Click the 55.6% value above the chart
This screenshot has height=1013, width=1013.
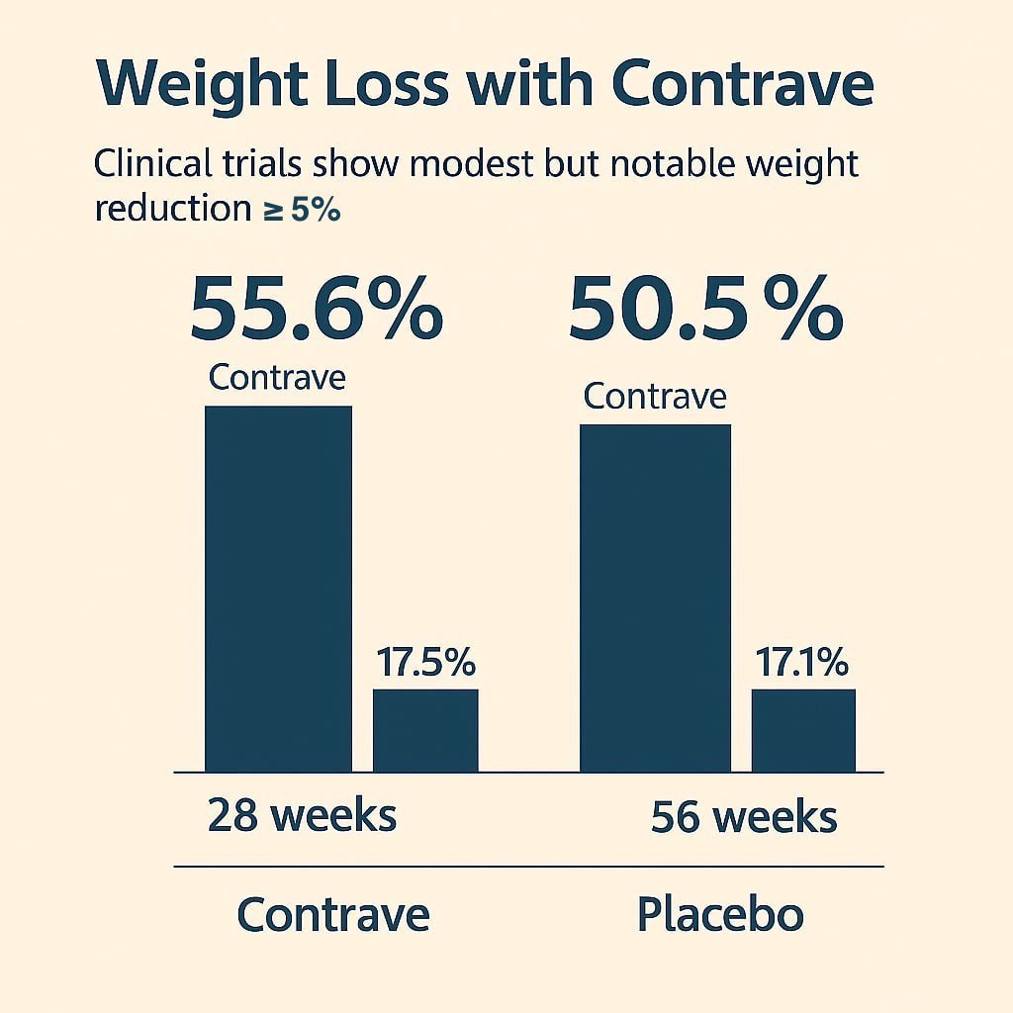coord(316,309)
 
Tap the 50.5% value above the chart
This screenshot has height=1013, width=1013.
coord(704,309)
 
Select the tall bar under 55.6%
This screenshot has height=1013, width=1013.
coord(278,589)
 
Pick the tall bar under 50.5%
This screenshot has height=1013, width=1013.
coord(655,598)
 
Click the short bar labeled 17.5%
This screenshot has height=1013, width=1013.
coord(425,730)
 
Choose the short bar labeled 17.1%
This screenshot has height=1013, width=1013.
coord(803,730)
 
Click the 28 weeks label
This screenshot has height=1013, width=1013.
coord(302,816)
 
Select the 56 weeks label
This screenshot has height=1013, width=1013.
coord(744,818)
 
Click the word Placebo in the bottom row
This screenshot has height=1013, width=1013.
coord(719,915)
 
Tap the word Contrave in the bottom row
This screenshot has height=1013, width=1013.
coord(333,915)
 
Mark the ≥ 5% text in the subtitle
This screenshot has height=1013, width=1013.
coord(302,210)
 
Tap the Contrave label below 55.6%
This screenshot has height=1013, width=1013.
coord(278,378)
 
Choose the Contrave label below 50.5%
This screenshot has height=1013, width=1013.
coord(655,397)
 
